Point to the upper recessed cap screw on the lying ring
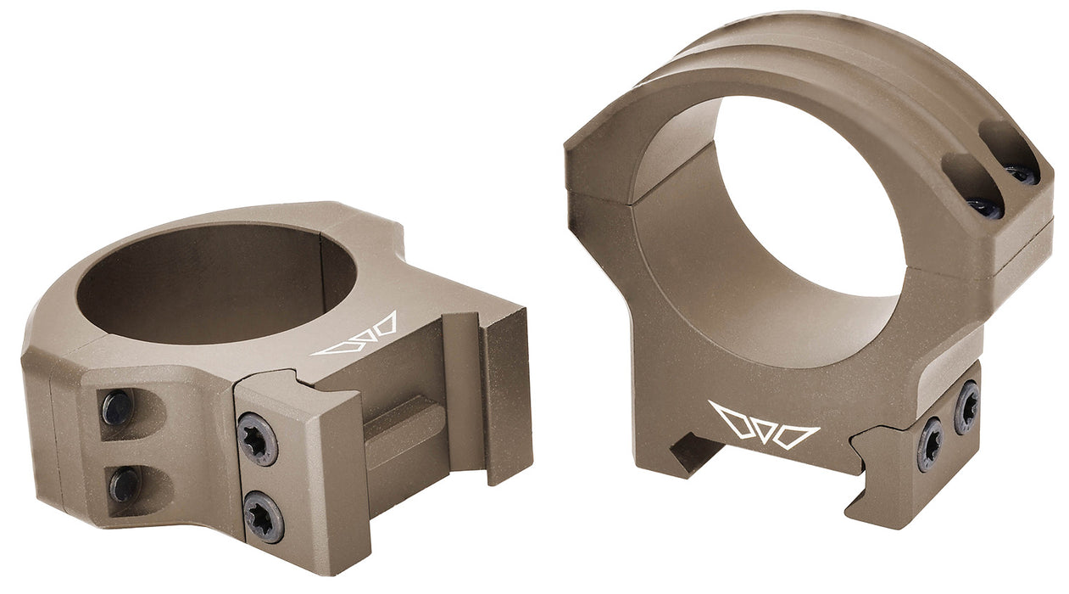[x=117, y=409]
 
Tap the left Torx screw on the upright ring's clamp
[x=930, y=444]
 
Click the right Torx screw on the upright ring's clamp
[x=966, y=407]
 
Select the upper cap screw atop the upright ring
[x=1021, y=173]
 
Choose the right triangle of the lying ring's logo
[x=383, y=325]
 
